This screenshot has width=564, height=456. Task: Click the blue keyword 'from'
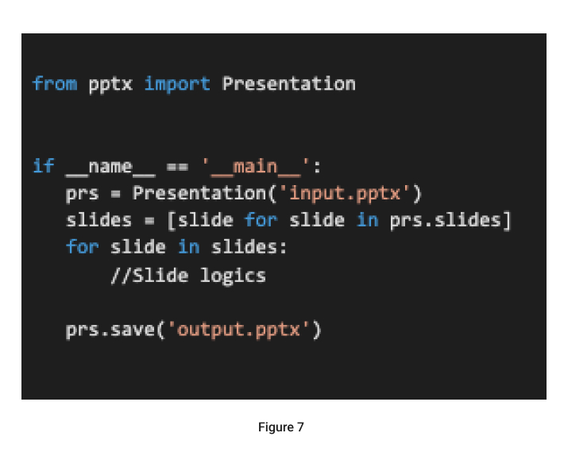(x=55, y=83)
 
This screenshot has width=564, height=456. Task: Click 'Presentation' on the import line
(x=289, y=83)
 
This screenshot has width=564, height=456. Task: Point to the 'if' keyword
(x=44, y=166)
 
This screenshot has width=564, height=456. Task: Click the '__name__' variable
(x=110, y=168)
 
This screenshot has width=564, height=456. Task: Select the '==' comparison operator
(x=177, y=167)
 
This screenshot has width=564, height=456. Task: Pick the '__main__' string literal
(x=255, y=168)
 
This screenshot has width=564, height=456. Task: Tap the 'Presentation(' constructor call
(x=204, y=194)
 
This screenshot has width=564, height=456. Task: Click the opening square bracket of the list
(x=172, y=220)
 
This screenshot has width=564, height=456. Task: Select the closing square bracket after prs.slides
(x=507, y=220)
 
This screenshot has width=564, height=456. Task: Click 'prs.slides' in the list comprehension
(x=446, y=220)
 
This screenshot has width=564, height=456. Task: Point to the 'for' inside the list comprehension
(x=261, y=220)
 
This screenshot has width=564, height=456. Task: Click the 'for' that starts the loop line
(x=83, y=247)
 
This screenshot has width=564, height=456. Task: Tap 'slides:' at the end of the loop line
(x=249, y=247)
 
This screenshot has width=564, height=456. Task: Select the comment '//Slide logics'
(x=188, y=276)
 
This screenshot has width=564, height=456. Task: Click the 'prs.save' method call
(x=110, y=330)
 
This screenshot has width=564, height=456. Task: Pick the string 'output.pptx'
(x=238, y=330)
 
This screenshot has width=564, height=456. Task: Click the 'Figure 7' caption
(x=281, y=427)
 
